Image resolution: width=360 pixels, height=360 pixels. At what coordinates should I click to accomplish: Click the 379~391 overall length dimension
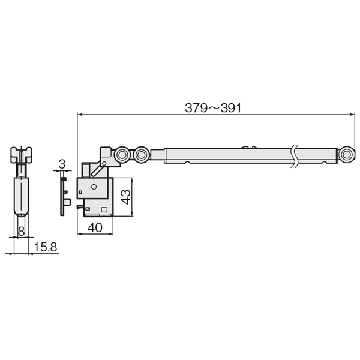click(x=213, y=108)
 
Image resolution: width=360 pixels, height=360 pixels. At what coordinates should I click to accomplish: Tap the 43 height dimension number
click(x=125, y=197)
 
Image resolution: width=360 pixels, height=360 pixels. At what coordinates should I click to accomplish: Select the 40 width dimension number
click(x=95, y=227)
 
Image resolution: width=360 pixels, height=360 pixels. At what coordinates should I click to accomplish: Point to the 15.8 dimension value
click(x=46, y=247)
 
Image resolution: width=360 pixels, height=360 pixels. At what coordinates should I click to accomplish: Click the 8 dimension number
click(x=21, y=231)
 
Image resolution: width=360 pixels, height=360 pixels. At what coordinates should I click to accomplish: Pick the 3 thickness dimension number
click(x=62, y=164)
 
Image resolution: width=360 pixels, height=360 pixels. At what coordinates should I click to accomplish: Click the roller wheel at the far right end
click(x=347, y=155)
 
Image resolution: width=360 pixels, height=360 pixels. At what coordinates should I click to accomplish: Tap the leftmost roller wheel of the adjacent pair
click(x=122, y=155)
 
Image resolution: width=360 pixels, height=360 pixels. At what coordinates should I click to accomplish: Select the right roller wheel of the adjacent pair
click(x=141, y=155)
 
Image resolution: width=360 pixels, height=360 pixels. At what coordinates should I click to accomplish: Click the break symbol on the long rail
click(x=295, y=156)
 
